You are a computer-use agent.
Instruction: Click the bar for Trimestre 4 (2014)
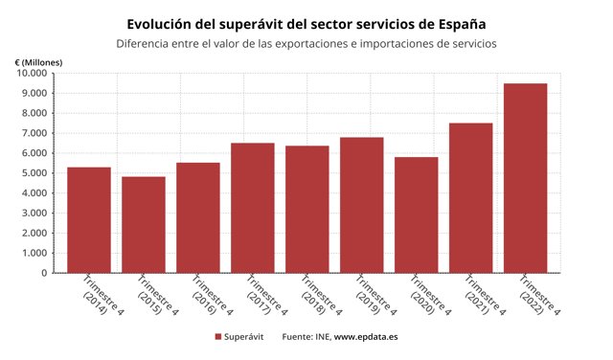pyautogui.click(x=88, y=220)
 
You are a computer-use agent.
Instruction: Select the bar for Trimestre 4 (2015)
pyautogui.click(x=143, y=225)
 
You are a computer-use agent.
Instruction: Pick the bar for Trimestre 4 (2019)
pyautogui.click(x=361, y=205)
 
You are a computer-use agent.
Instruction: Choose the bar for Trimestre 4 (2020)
pyautogui.click(x=416, y=214)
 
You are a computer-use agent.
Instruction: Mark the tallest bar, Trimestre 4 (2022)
pyautogui.click(x=525, y=178)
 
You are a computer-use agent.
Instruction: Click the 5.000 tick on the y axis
pyautogui.click(x=34, y=173)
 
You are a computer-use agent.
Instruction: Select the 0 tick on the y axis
pyautogui.click(x=43, y=273)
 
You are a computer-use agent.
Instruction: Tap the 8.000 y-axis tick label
pyautogui.click(x=34, y=113)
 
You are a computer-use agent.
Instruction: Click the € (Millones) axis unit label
pyautogui.click(x=39, y=61)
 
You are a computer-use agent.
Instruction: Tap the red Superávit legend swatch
pyautogui.click(x=218, y=337)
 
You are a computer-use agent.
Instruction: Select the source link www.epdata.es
pyautogui.click(x=366, y=337)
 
